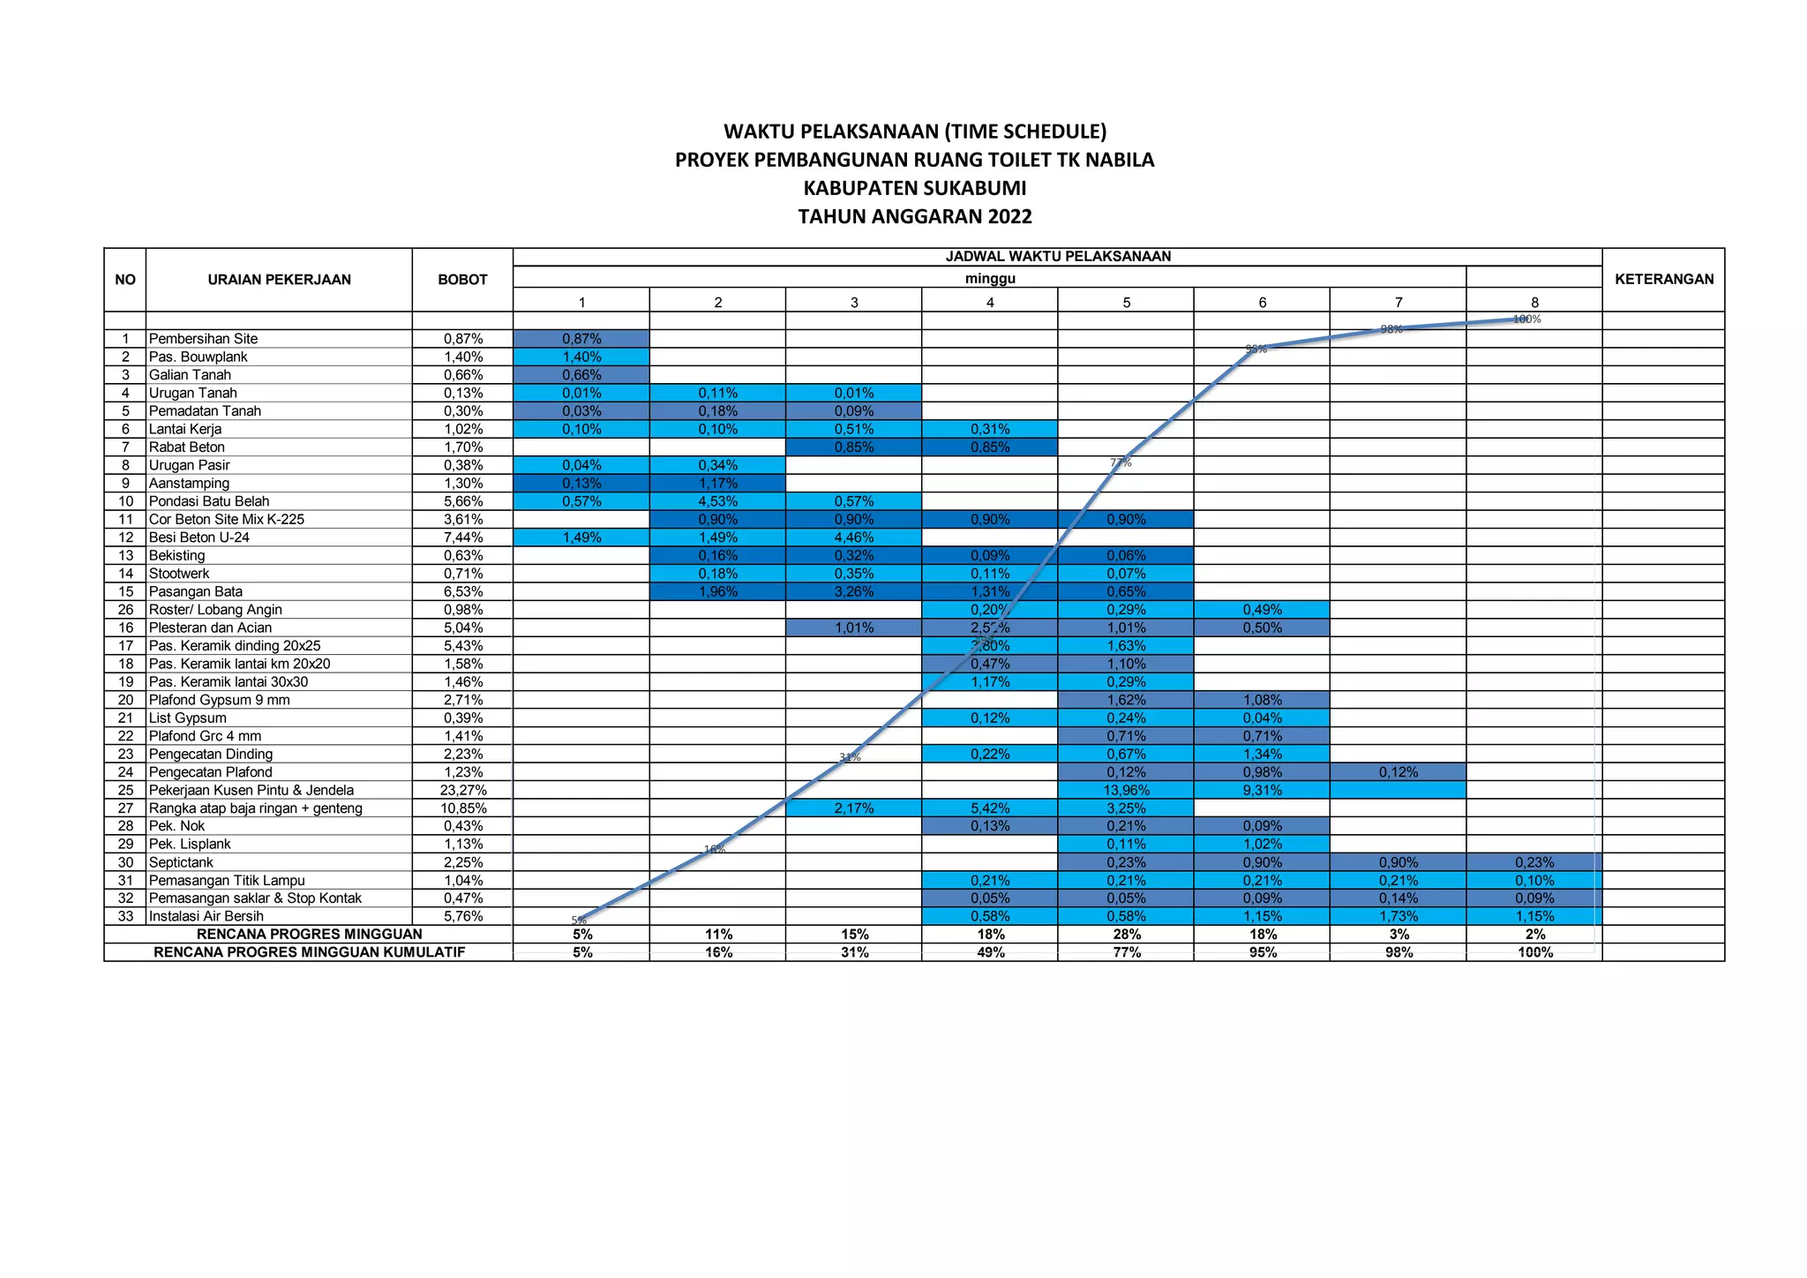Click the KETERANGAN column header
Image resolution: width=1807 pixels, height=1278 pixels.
click(x=1663, y=280)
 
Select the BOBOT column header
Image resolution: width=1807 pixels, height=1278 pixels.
click(x=462, y=280)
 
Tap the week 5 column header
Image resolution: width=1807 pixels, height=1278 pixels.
click(x=1126, y=303)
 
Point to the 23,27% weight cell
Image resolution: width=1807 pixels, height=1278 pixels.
click(x=462, y=790)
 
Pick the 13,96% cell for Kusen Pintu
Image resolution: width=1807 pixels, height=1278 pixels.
click(x=1126, y=790)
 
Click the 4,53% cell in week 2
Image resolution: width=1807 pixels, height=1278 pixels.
click(x=717, y=501)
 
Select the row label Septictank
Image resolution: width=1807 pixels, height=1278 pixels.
click(x=181, y=862)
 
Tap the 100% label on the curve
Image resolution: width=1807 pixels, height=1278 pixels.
click(x=1526, y=319)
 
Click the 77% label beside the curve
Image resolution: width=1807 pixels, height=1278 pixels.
click(x=1121, y=462)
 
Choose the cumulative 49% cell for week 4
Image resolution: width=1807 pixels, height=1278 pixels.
click(x=990, y=952)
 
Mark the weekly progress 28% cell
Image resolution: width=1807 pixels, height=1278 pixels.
click(x=1126, y=934)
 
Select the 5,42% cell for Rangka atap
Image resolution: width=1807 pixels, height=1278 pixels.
click(x=990, y=808)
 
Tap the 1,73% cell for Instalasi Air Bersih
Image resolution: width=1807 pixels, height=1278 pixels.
click(x=1398, y=916)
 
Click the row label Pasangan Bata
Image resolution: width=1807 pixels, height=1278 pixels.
click(x=195, y=591)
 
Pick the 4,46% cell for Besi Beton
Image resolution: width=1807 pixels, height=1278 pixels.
click(x=854, y=538)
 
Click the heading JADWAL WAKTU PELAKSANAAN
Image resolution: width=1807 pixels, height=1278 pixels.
click(x=1058, y=257)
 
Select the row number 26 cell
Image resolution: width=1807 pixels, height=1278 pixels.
click(x=125, y=610)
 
